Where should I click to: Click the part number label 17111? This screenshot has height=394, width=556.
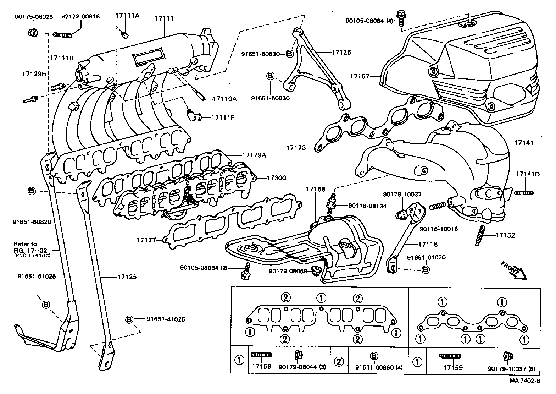pyautogui.click(x=164, y=18)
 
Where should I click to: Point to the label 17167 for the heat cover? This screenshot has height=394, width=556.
pyautogui.click(x=360, y=76)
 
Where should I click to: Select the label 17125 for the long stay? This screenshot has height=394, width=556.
pyautogui.click(x=127, y=277)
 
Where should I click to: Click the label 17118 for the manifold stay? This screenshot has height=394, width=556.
pyautogui.click(x=427, y=244)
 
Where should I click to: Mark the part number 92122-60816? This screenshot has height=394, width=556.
pyautogui.click(x=80, y=16)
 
